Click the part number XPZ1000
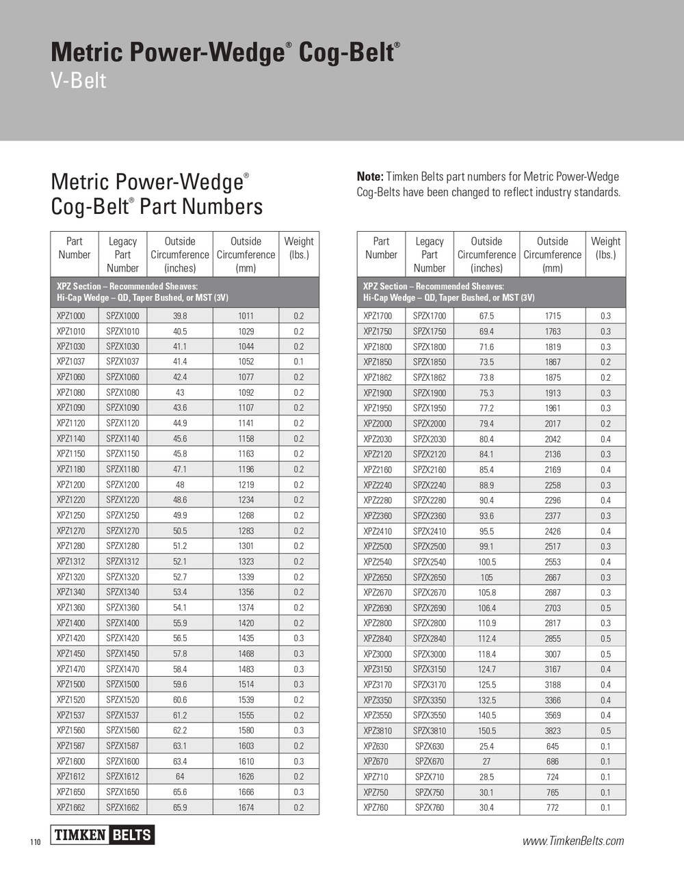[71, 316]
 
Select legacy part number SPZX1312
[122, 561]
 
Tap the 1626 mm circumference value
[246, 777]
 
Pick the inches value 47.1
[180, 470]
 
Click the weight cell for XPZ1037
[299, 362]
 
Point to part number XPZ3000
[378, 654]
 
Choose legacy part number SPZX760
[429, 807]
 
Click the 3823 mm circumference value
[553, 731]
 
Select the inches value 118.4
[486, 654]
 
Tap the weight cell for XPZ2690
[605, 608]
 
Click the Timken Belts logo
[103, 835]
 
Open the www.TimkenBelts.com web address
[573, 841]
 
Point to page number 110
[36, 842]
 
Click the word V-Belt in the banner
[79, 81]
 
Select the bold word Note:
[370, 176]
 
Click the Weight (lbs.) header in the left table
[299, 247]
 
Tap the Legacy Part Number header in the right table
[429, 254]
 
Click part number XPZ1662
[71, 807]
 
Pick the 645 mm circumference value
[553, 746]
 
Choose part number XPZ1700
[378, 316]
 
